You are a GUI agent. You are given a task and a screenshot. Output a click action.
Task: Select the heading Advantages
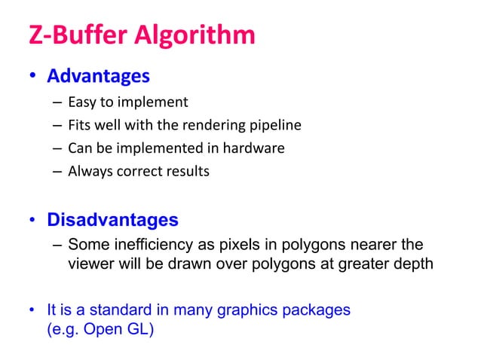pos(98,77)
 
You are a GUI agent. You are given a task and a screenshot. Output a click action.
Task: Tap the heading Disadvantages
pos(113,221)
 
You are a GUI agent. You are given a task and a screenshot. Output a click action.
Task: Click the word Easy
pos(81,102)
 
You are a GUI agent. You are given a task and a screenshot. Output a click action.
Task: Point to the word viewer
pos(90,264)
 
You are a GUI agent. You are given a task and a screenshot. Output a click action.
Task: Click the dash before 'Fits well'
pos(57,125)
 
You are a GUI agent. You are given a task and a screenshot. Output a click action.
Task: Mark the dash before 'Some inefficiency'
pos(57,245)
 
